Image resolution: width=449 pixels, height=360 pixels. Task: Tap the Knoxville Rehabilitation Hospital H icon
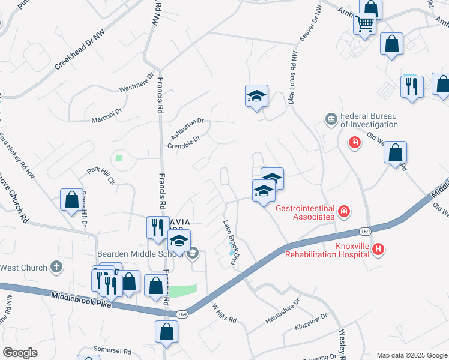tap(378, 249)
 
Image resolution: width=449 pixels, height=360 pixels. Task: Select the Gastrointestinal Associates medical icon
tap(344, 211)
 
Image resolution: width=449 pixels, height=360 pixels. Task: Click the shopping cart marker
tap(364, 24)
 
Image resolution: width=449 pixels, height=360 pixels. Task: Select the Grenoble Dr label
tap(183, 142)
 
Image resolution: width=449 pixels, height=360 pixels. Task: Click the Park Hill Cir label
tap(100, 176)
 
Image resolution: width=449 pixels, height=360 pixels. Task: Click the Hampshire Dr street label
tap(282, 312)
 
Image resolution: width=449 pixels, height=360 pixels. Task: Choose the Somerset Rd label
tap(112, 349)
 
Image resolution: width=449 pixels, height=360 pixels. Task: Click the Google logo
tap(20, 353)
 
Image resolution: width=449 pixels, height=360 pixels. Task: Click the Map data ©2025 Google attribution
tap(411, 355)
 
